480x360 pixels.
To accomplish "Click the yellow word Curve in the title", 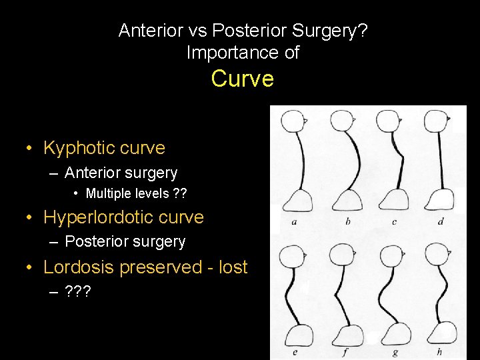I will point(242,79).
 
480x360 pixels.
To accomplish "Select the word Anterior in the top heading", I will point(147,30).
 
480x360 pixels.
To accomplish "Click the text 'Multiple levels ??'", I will point(136,194).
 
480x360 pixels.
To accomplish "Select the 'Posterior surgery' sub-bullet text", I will point(125,241).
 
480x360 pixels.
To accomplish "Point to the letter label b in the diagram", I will point(347,221).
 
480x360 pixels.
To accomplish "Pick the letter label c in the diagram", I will point(394,221).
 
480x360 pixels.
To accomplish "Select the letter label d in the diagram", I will point(441,221).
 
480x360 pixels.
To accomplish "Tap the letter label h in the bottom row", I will point(439,351).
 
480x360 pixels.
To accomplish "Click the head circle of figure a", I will point(291,121).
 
